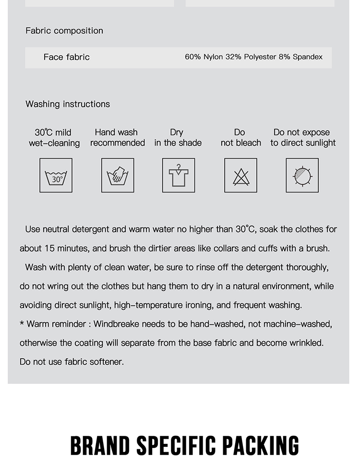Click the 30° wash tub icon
[56, 176]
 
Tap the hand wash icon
[118, 176]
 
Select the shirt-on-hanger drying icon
[179, 176]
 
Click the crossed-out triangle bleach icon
[240, 176]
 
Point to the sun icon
[302, 176]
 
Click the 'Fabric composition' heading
[64, 31]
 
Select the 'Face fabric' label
[66, 57]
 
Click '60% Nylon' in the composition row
[204, 57]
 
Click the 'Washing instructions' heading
[68, 104]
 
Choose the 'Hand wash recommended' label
[117, 138]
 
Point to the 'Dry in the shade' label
[178, 138]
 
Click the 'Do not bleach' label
[240, 138]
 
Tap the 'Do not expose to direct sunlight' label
[302, 138]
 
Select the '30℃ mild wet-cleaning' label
[54, 138]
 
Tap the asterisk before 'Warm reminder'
[22, 324]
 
